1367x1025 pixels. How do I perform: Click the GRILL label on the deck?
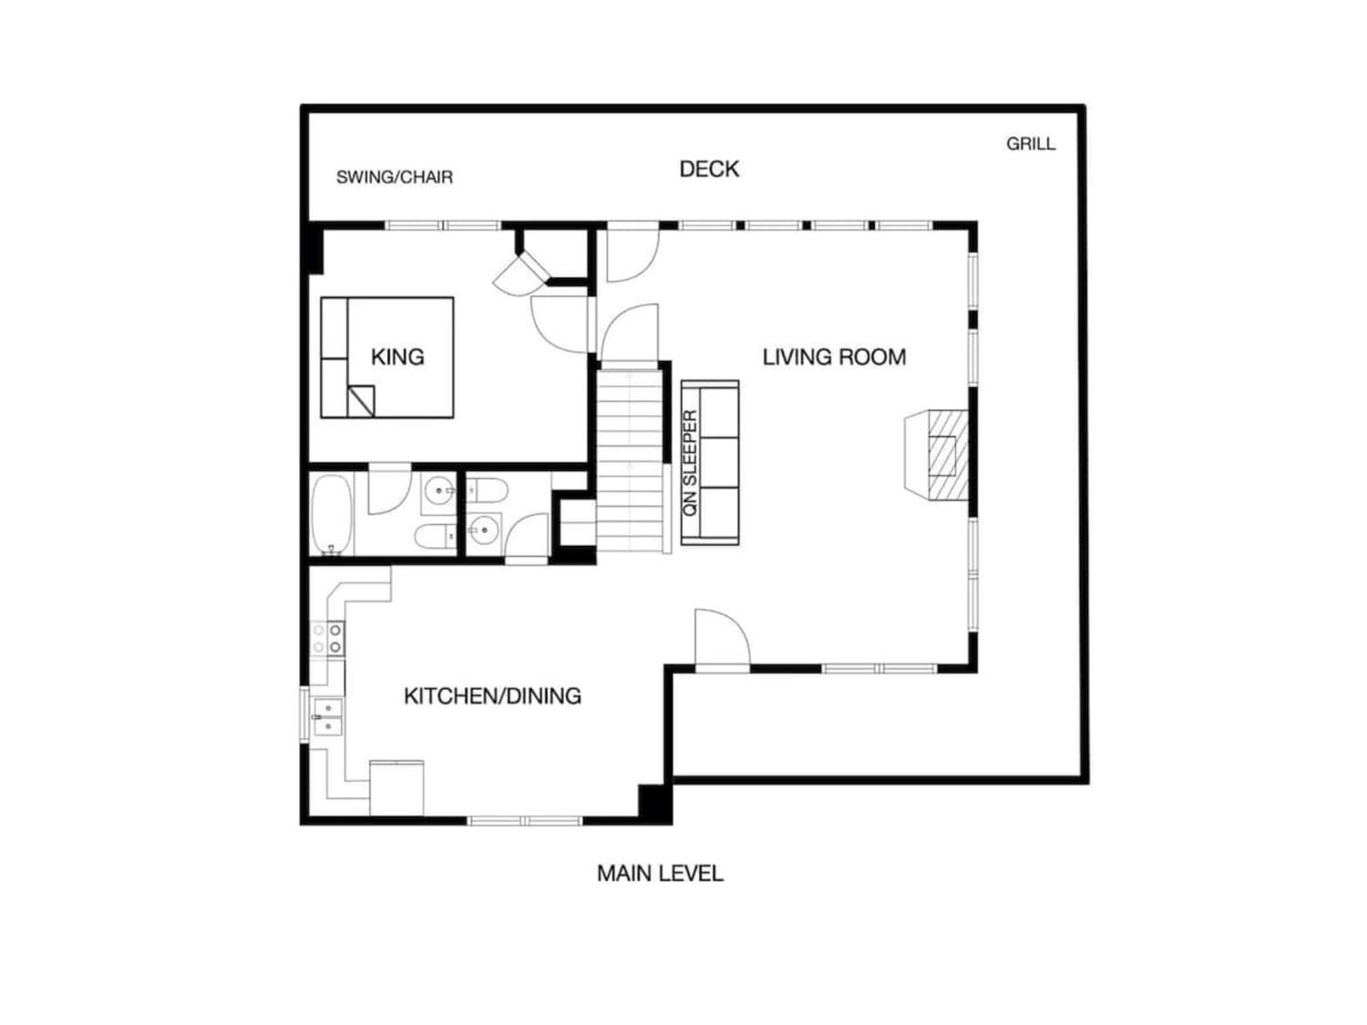point(1031,143)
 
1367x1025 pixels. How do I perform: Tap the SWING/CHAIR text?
point(394,177)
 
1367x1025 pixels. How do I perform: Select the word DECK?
point(709,169)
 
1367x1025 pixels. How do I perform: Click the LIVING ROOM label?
point(834,357)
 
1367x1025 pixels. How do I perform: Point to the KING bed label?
point(397,357)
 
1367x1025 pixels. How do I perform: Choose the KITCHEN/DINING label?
point(493,696)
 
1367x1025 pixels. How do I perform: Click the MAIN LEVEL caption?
point(660,874)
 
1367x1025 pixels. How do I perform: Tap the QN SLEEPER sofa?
point(710,462)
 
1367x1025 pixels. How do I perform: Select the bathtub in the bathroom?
point(332,514)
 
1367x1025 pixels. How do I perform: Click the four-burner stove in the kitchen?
point(328,639)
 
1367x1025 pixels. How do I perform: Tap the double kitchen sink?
point(327,717)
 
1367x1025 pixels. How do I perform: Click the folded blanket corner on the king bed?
point(360,401)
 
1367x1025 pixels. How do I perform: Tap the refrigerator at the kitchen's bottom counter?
point(396,787)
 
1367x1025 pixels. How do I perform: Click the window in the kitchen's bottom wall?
point(525,821)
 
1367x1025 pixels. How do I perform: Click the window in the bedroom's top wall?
point(443,226)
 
